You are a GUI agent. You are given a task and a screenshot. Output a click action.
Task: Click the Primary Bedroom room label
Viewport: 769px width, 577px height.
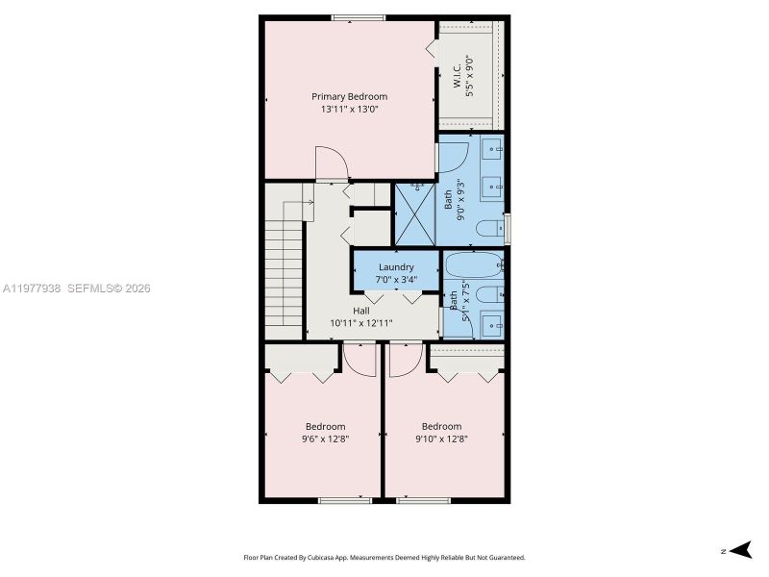point(349,96)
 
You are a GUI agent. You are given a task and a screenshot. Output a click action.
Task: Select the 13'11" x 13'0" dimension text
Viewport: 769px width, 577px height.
point(349,110)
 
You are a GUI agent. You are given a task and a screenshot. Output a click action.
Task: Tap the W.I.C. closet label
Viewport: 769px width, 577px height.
point(458,77)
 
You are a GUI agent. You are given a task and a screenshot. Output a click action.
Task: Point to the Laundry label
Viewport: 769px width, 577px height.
point(396,267)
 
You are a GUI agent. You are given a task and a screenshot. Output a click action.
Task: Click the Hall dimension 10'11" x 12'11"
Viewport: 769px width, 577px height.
point(360,323)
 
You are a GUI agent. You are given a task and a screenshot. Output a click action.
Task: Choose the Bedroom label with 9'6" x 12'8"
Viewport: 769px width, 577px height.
point(325,426)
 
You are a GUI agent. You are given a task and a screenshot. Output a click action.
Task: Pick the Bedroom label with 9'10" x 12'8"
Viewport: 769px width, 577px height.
point(441,426)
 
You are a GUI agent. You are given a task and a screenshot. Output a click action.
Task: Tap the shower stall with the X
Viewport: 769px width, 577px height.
point(415,213)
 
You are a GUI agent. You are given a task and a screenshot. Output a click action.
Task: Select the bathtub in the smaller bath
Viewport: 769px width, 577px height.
point(474,264)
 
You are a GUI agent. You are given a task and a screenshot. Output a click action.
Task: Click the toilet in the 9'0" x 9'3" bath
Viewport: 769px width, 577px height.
point(490,229)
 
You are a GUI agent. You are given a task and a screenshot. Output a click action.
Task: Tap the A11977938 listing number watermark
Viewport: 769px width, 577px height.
point(32,288)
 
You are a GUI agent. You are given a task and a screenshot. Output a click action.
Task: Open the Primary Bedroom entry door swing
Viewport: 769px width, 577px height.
point(331,163)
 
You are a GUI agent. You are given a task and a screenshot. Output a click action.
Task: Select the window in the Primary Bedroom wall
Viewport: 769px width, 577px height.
point(359,16)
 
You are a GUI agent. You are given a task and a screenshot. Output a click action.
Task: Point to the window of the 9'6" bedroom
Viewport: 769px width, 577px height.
point(345,499)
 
